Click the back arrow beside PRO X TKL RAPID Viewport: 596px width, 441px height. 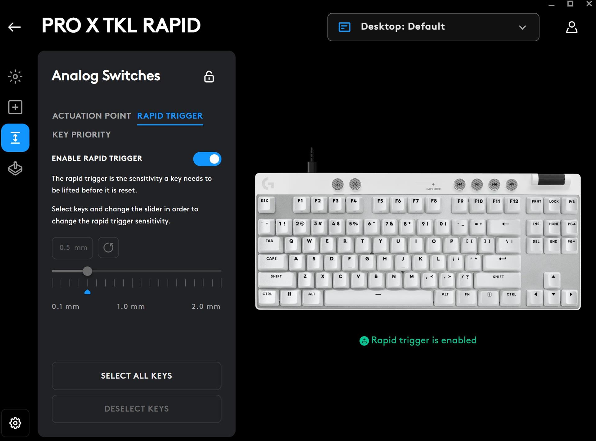(x=14, y=27)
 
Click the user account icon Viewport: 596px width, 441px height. (x=571, y=27)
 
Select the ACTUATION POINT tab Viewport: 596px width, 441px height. (x=92, y=116)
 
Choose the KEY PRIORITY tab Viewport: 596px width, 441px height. (x=81, y=134)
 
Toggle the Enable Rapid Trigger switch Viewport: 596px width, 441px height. (x=207, y=159)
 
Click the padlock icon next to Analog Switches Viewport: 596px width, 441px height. (x=209, y=77)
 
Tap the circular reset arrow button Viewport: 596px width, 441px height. (x=108, y=248)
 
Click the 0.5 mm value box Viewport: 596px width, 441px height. (x=72, y=248)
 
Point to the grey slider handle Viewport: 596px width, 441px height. (x=88, y=271)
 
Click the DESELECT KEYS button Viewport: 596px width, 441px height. (x=137, y=409)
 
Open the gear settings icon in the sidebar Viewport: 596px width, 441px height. (x=15, y=423)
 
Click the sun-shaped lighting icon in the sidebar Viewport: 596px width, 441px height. (x=15, y=76)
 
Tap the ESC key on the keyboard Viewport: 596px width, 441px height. (x=266, y=205)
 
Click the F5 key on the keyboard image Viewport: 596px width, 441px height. (x=380, y=205)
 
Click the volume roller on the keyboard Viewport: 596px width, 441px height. (x=551, y=180)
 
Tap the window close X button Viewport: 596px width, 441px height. (x=589, y=4)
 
